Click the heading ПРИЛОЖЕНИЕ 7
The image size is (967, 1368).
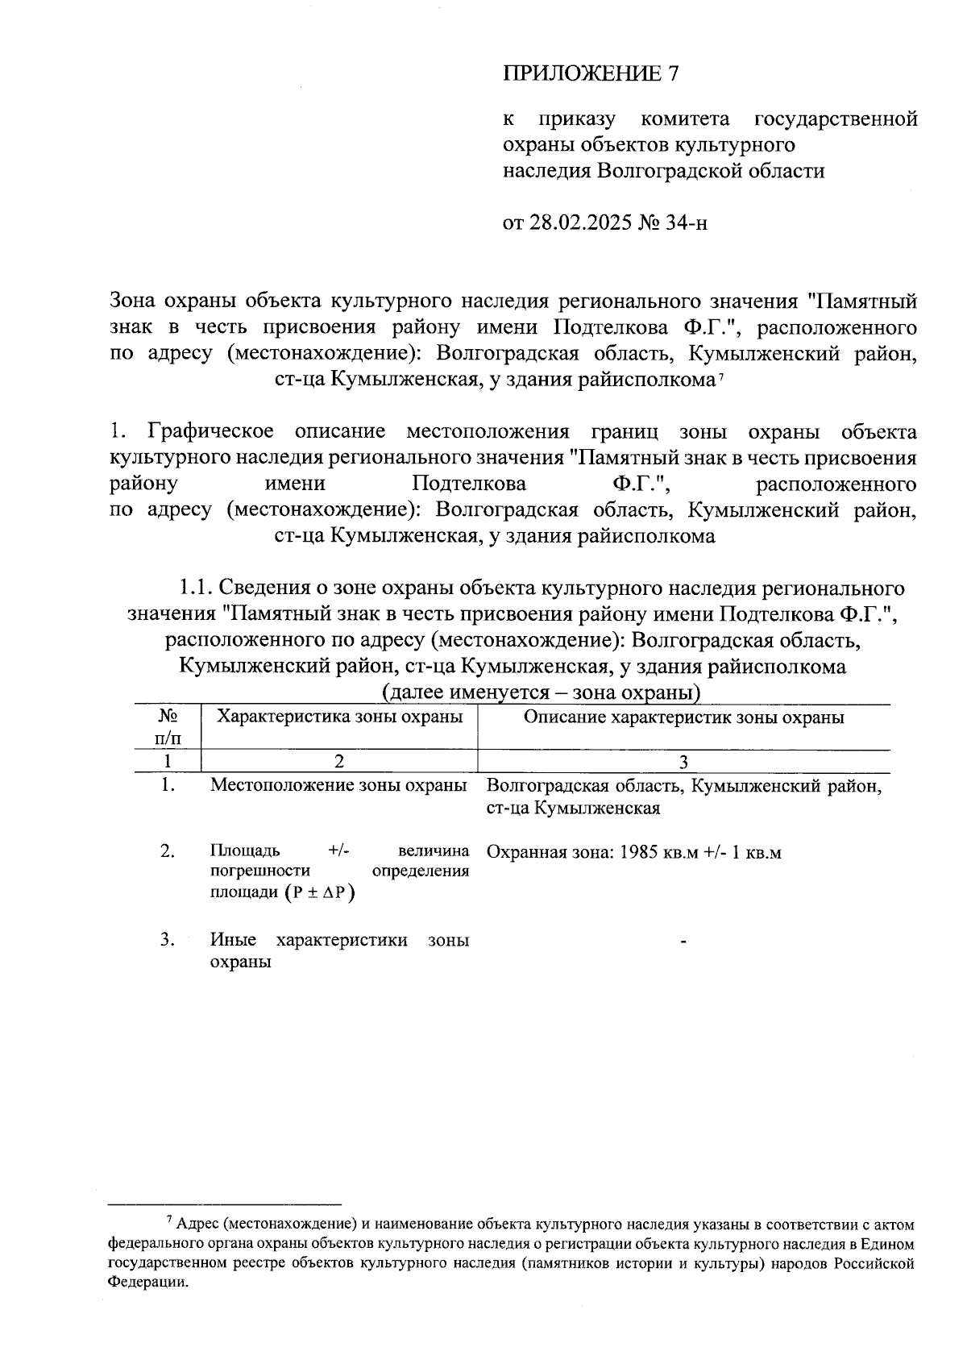591,74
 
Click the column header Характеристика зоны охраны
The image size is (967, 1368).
340,717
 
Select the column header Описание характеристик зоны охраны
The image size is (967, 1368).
683,717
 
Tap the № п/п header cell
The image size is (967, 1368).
168,726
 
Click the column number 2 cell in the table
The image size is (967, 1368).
338,762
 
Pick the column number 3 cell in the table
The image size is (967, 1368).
683,762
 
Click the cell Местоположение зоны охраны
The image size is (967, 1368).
338,785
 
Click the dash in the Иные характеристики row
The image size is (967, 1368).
683,941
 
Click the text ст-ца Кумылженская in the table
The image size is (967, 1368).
573,809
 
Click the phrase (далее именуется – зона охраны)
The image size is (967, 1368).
540,692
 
